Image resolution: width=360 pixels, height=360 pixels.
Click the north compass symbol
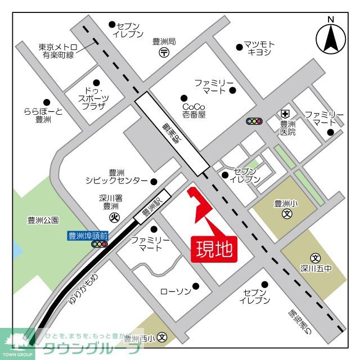click(x=330, y=38)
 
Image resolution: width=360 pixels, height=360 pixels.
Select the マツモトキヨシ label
click(x=259, y=48)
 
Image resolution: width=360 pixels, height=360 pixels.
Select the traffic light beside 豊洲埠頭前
click(x=100, y=245)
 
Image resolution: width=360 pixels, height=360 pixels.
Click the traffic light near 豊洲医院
click(x=254, y=121)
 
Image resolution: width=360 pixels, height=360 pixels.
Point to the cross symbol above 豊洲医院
click(x=286, y=113)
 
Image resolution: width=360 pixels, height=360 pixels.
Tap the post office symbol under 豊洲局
click(x=164, y=52)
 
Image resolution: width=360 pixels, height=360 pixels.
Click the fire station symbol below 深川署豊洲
click(x=114, y=218)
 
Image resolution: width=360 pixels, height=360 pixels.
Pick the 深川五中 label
click(x=316, y=268)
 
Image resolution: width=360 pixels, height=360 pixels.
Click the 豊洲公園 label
click(x=43, y=220)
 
